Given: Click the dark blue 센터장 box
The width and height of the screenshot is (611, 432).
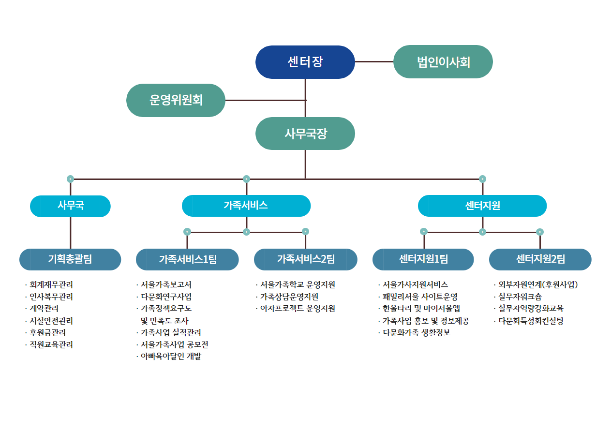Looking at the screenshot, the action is [305, 62].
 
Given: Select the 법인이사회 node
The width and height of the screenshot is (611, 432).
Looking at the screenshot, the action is [443, 61].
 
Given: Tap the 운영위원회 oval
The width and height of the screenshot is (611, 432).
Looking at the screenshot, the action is [176, 100].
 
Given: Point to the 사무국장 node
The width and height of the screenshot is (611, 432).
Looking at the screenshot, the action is [305, 134].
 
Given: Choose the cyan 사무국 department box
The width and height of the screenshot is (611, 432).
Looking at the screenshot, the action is [70, 206].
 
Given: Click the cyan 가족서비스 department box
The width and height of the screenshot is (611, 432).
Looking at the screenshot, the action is [246, 206].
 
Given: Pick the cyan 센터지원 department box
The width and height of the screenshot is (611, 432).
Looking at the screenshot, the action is [482, 206].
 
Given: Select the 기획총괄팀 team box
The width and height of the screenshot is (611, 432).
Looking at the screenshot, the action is [70, 259].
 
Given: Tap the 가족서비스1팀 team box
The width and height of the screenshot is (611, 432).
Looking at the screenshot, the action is [187, 259].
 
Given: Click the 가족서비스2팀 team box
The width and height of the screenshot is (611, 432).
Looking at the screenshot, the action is [306, 259].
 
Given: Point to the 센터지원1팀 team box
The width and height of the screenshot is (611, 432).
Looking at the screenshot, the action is [423, 259].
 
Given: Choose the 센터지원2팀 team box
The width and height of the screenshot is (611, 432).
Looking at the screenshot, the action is [540, 259].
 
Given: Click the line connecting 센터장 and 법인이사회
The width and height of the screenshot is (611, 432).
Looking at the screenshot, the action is [374, 61].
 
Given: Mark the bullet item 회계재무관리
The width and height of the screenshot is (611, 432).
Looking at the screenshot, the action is [49, 285].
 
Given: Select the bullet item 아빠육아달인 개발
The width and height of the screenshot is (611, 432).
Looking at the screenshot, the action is [169, 356].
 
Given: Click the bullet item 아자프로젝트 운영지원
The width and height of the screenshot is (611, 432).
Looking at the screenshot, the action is [296, 309].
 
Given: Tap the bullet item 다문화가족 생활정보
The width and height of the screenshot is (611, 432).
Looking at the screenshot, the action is [414, 332].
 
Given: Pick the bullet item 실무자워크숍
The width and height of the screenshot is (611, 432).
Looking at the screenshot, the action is [518, 297].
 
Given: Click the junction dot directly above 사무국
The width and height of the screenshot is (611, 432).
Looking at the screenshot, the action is [70, 179].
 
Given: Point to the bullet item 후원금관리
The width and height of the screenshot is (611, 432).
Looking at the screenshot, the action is [45, 332].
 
